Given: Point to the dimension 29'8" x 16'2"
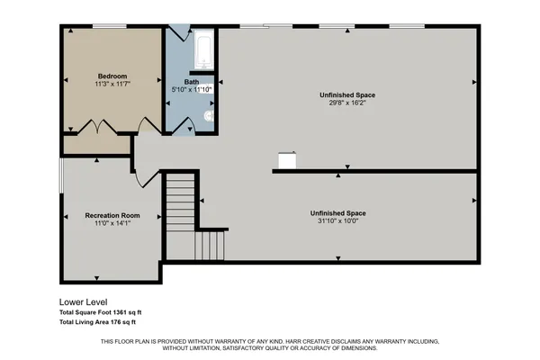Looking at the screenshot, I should click(x=346, y=103).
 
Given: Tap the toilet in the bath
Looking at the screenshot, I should click(x=209, y=116).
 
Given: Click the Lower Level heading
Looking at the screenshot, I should click(x=83, y=302).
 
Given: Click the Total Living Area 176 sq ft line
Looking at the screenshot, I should click(x=96, y=321).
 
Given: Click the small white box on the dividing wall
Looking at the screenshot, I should click(x=287, y=160).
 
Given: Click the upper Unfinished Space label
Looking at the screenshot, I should click(x=346, y=94).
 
